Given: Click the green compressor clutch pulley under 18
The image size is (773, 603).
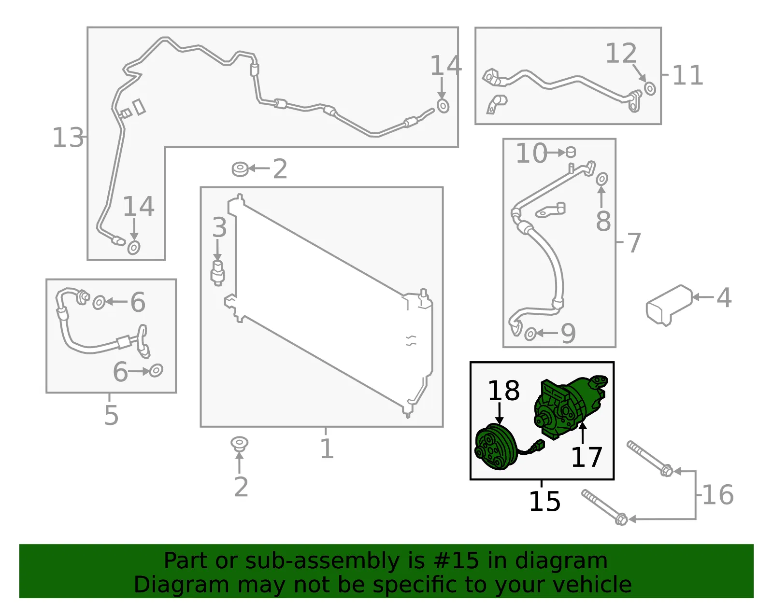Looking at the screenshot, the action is tap(497, 447).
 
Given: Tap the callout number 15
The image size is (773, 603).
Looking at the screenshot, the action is tap(544, 502).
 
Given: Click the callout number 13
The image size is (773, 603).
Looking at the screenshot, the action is tap(68, 138).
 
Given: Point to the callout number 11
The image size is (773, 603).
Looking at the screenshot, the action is tap(687, 75).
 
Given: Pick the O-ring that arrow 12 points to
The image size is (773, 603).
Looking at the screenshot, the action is tap(650, 88).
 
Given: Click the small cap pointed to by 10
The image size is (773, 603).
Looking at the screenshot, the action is tap(571, 152).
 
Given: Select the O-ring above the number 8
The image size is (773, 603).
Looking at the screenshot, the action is tap(602, 179).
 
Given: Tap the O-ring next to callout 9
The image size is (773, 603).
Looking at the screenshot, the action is tap(530, 334).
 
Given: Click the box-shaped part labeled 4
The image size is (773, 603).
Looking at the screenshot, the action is tap(669, 305).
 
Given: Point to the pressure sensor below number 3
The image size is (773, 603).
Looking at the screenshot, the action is tap(218, 273).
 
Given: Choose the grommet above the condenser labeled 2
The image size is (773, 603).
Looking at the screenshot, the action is tap(240, 169).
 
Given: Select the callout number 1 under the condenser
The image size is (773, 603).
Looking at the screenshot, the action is tap(327, 449).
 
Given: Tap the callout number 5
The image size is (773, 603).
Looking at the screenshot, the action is tap(111, 415).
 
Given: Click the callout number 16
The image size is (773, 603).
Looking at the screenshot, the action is tap(718, 495).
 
